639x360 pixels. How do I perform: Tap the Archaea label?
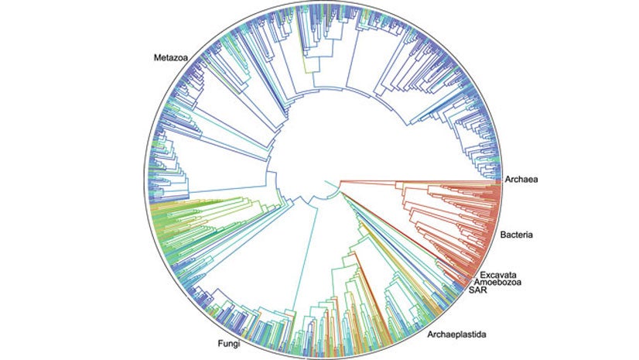(521, 180)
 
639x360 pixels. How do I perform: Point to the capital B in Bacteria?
(504, 234)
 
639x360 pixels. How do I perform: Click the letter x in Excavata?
(488, 275)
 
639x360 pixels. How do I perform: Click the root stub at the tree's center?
(330, 183)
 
